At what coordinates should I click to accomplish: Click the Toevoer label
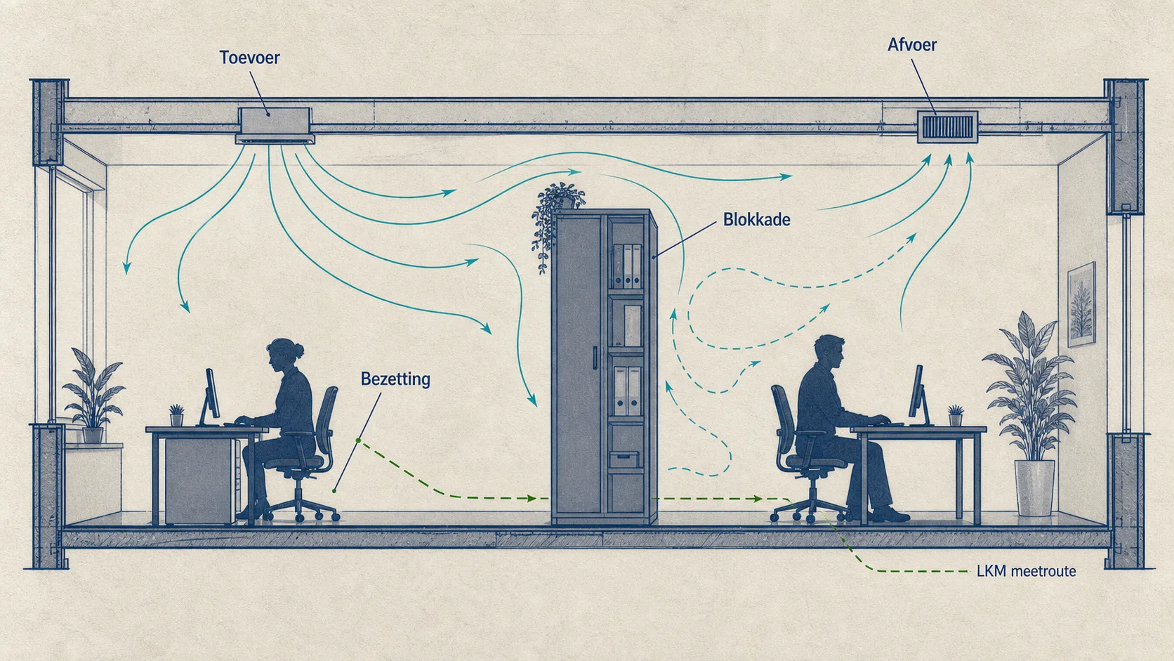[249, 58]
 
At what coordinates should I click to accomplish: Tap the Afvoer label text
[912, 44]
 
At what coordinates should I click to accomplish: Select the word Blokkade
[756, 219]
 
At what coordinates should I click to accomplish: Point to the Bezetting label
[395, 379]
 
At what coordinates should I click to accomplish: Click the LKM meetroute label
[1027, 571]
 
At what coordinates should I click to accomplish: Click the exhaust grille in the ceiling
[948, 126]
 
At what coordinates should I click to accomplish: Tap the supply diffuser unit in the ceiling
[275, 126]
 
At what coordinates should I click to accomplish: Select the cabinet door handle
[595, 358]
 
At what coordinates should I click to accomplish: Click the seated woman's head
[283, 354]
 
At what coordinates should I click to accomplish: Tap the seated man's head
[829, 352]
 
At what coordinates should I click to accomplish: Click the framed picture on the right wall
[1081, 305]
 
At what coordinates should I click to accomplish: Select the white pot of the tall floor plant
[1034, 488]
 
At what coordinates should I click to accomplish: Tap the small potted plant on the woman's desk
[177, 414]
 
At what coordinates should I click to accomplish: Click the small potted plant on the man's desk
[956, 415]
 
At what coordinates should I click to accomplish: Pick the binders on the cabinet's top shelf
[627, 266]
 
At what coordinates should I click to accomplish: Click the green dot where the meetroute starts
[359, 440]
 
